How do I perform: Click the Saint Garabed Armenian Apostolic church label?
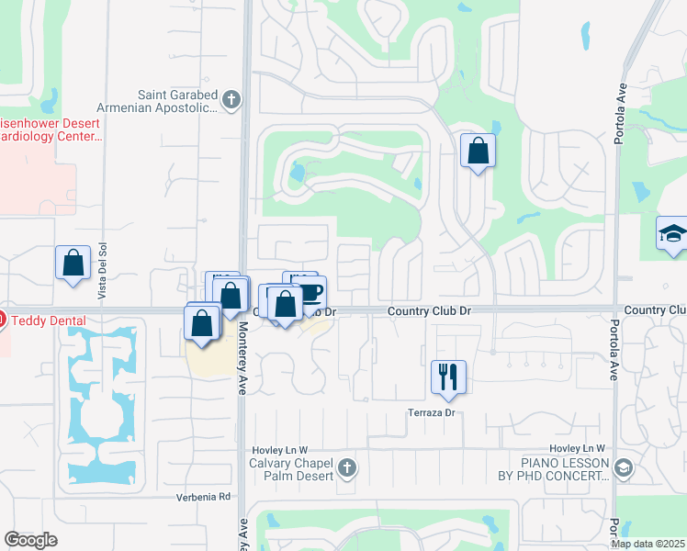coord(177,100)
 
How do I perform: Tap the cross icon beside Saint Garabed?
coord(231,99)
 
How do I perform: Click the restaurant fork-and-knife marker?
coord(448,377)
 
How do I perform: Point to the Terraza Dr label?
coord(433,413)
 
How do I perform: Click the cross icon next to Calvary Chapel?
coord(347,468)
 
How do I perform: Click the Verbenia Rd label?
coord(203,497)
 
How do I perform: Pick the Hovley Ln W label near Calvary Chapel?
coord(276,450)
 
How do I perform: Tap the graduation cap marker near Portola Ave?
coord(672,234)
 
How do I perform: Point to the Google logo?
coord(30,540)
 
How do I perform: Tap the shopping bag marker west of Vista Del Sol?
coord(73,264)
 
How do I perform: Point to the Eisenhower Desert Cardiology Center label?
coord(50,129)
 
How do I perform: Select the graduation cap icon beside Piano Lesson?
coord(625,468)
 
